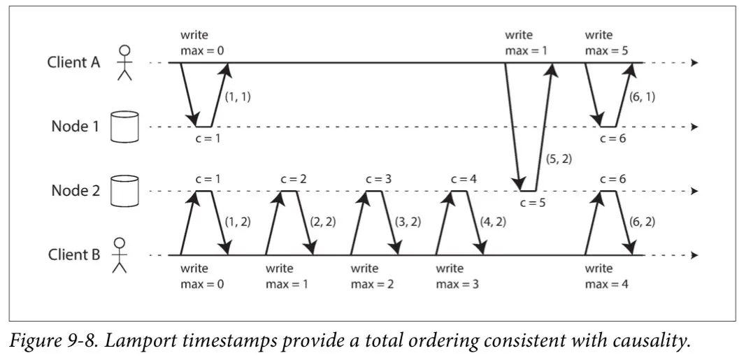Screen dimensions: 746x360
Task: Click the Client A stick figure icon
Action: pyautogui.click(x=124, y=63)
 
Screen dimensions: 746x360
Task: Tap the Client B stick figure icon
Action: pyautogui.click(x=120, y=255)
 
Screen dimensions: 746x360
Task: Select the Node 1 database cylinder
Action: pyautogui.click(x=124, y=127)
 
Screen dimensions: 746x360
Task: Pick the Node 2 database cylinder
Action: pyautogui.click(x=124, y=191)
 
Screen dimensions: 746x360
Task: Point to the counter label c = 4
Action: pyautogui.click(x=464, y=180)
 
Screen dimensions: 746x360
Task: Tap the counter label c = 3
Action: pyautogui.click(x=379, y=180)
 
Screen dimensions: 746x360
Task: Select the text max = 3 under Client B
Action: pyautogui.click(x=457, y=285)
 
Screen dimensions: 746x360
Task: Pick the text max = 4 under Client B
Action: pyautogui.click(x=607, y=285)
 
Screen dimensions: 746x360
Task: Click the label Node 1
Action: pyautogui.click(x=76, y=127)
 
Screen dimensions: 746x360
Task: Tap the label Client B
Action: pyautogui.click(x=74, y=255)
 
